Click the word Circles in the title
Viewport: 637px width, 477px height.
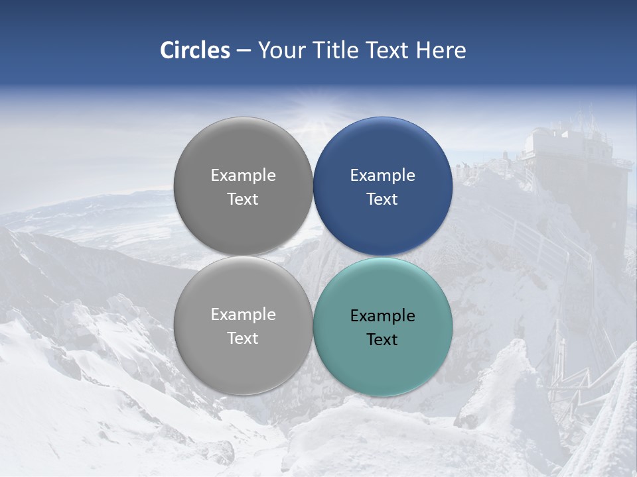195,50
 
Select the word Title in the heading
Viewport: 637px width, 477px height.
336,50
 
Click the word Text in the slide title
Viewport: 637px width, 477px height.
388,50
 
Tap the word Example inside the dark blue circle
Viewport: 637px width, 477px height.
383,176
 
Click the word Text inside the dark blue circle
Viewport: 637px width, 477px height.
383,199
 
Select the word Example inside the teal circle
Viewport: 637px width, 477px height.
383,316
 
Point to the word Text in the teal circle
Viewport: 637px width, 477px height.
383,340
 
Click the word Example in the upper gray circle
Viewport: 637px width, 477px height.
243,176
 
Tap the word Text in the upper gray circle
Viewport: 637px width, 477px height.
243,199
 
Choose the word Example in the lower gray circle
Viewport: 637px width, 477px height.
243,315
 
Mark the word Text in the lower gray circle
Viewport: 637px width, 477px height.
243,339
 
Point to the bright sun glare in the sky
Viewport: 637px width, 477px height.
312,119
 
